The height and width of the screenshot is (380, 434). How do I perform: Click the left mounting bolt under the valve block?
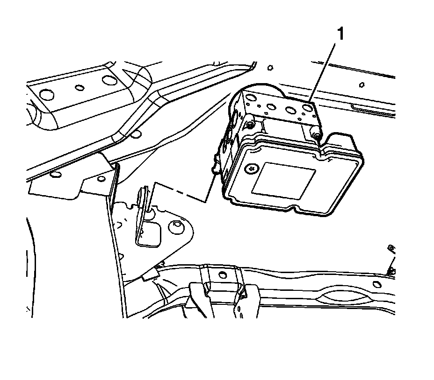click(x=251, y=125)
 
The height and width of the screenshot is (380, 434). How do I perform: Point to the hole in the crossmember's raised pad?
click(x=222, y=275)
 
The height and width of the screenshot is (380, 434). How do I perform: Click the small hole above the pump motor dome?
click(x=270, y=68)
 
